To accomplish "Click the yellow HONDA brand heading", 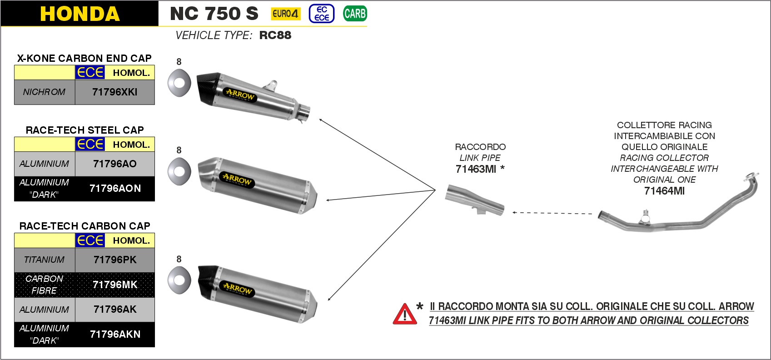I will [80, 14].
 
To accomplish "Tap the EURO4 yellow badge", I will [285, 14].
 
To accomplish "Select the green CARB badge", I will [355, 14].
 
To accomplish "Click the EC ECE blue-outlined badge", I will [322, 14].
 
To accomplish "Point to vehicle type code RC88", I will [275, 35].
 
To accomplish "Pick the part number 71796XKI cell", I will [115, 92].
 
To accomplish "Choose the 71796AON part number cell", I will [115, 189].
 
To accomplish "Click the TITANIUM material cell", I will [45, 260].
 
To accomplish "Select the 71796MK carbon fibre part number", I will [115, 285].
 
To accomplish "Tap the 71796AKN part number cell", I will [115, 335].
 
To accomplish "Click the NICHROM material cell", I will [45, 92].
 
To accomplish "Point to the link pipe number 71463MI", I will [476, 170].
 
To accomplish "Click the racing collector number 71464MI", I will [664, 191].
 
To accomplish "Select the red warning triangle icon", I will [404, 314].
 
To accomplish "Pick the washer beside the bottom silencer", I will [179, 280].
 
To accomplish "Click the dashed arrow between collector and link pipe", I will [552, 213].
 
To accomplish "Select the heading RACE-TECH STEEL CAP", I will [85, 130].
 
